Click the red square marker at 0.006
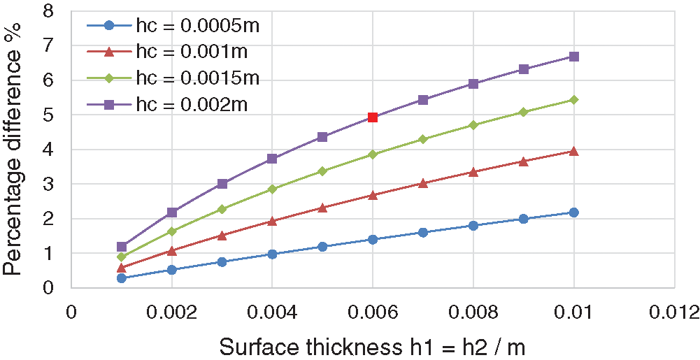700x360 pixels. tap(373, 117)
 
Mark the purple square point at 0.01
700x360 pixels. tap(573, 57)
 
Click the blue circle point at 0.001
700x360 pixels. tap(122, 278)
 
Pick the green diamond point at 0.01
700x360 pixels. tap(573, 100)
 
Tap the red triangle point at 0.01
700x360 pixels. tap(573, 151)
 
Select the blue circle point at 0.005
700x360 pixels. tap(322, 247)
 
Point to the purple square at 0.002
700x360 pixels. tap(172, 213)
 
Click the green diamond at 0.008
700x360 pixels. tap(473, 125)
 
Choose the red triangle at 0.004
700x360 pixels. tap(272, 221)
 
